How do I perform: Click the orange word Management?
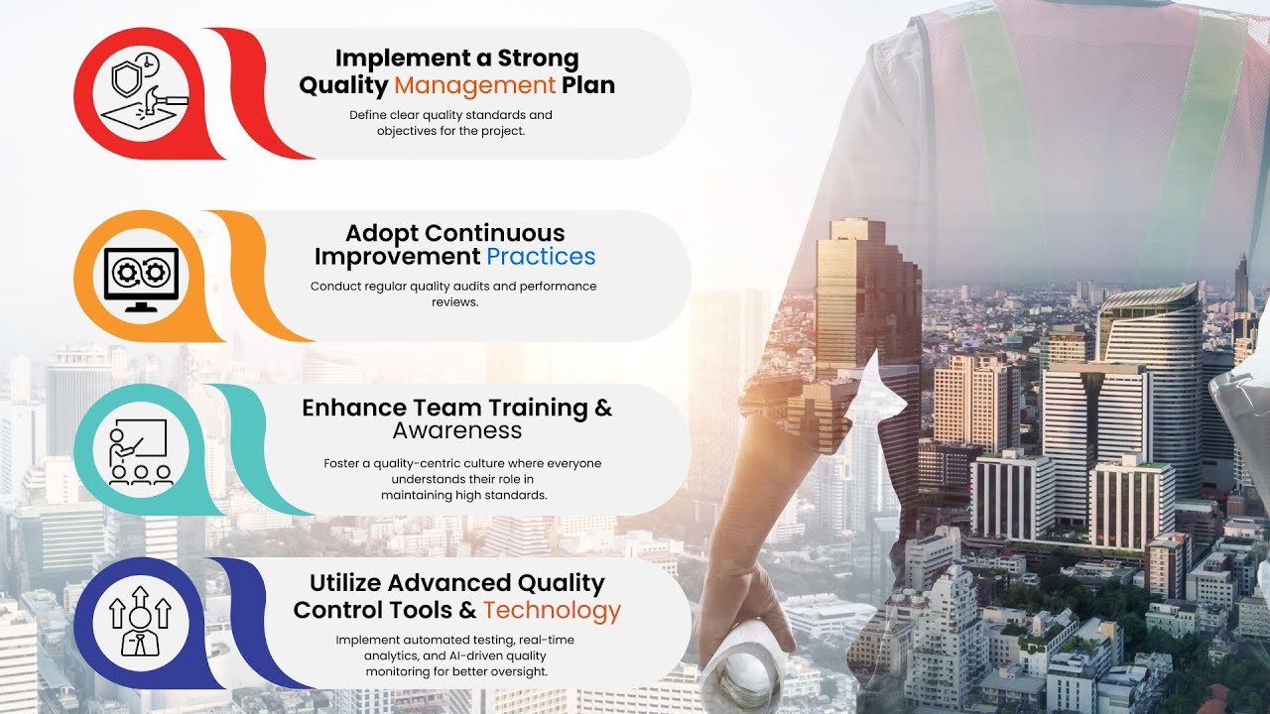[x=474, y=85]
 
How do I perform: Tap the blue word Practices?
[x=541, y=257]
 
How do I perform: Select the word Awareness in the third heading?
[x=456, y=430]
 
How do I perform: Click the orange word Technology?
[x=552, y=610]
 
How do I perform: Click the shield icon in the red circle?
[x=126, y=78]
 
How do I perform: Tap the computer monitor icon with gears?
[x=141, y=279]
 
